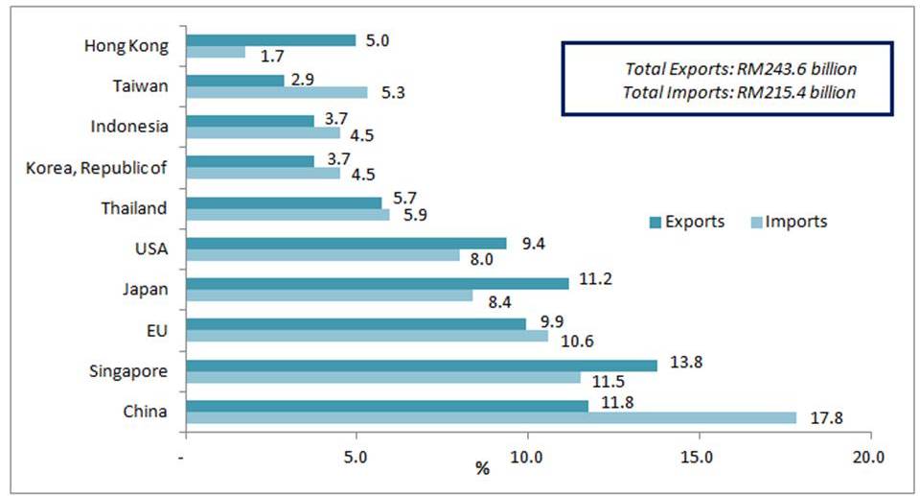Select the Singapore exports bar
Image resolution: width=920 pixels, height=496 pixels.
click(422, 366)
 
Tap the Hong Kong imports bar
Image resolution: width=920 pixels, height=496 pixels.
click(215, 53)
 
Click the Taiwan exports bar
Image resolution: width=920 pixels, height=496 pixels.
click(235, 81)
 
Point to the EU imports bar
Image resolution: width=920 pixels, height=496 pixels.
click(367, 336)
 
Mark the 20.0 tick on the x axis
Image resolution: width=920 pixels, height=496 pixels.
click(869, 456)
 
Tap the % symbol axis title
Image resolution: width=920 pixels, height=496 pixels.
click(482, 469)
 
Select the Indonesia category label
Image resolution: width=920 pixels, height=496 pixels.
click(128, 127)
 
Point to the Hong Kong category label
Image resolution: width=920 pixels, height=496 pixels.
click(126, 45)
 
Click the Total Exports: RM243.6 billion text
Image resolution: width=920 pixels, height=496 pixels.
click(740, 69)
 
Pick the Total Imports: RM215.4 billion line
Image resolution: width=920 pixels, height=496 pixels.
click(740, 93)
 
